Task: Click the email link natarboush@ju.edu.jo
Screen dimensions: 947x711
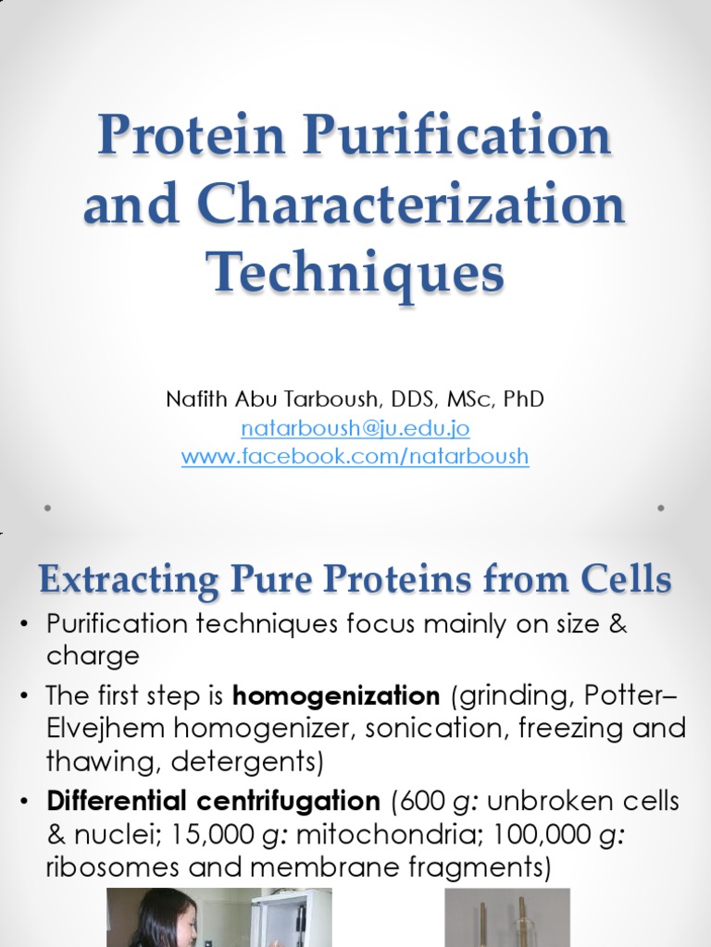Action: (355, 428)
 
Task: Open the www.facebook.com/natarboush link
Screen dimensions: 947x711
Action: (355, 456)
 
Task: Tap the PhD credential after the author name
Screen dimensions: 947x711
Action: (524, 400)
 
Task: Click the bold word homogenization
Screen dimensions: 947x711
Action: (336, 695)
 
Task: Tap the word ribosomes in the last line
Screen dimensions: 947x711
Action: (110, 867)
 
